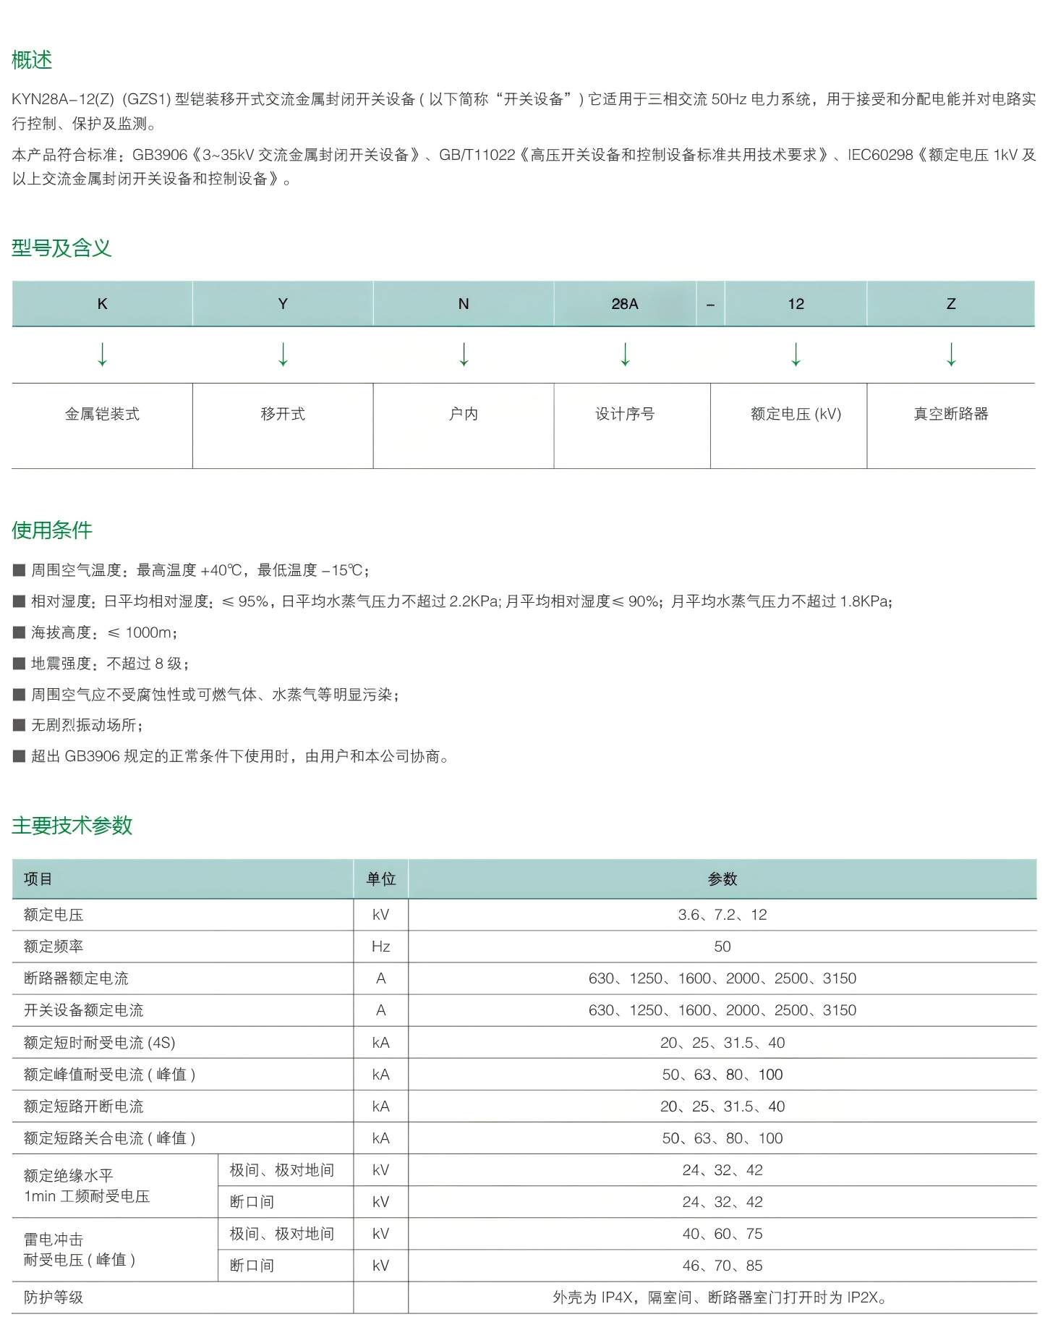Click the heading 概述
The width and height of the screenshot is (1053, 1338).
pyautogui.click(x=32, y=60)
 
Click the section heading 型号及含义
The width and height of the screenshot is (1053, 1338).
pyautogui.click(x=61, y=248)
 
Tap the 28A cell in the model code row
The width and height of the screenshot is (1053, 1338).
pyautogui.click(x=624, y=304)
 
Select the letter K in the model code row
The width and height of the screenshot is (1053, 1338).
pyautogui.click(x=102, y=304)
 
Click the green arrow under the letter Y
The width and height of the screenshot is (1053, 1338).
pyautogui.click(x=283, y=355)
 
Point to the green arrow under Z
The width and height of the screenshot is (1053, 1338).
pyautogui.click(x=951, y=355)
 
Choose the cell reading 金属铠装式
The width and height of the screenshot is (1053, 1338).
pyautogui.click(x=102, y=414)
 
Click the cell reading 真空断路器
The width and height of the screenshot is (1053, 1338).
pyautogui.click(x=951, y=414)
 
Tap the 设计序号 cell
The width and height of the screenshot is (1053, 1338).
pyautogui.click(x=624, y=414)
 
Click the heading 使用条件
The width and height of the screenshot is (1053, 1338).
pyautogui.click(x=52, y=530)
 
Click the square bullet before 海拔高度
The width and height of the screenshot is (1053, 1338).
pyautogui.click(x=20, y=632)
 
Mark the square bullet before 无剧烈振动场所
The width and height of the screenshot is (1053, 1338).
pyautogui.click(x=20, y=725)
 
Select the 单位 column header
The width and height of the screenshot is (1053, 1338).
pyautogui.click(x=380, y=879)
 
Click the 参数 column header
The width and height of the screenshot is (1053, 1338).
pyautogui.click(x=722, y=879)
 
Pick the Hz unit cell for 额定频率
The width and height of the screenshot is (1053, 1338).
pyautogui.click(x=380, y=947)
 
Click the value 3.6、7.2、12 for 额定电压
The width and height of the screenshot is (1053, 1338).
pyautogui.click(x=722, y=915)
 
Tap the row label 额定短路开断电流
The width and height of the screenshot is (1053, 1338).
pyautogui.click(x=84, y=1106)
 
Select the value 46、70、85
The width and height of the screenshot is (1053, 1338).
pyautogui.click(x=722, y=1266)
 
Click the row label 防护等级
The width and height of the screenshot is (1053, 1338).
pyautogui.click(x=54, y=1297)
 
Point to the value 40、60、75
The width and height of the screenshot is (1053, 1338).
pyautogui.click(x=722, y=1234)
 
